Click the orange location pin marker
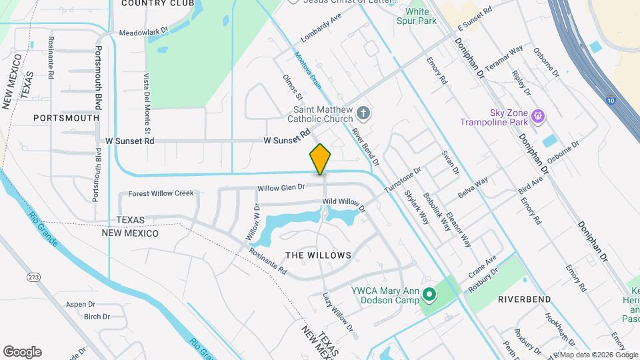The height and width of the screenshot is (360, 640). pyautogui.click(x=320, y=159)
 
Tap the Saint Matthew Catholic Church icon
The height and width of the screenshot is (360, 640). pyautogui.click(x=364, y=113)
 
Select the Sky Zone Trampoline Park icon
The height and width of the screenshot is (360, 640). pyautogui.click(x=539, y=118)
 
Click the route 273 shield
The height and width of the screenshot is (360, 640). pyautogui.click(x=33, y=276)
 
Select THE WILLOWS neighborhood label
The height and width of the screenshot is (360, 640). pyautogui.click(x=318, y=255)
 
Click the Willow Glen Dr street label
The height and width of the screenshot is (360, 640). pyautogui.click(x=281, y=188)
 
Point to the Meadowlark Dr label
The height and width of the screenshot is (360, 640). pyautogui.click(x=144, y=32)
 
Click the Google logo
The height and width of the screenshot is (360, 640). pyautogui.click(x=22, y=351)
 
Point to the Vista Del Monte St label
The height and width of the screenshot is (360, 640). pyautogui.click(x=148, y=103)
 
